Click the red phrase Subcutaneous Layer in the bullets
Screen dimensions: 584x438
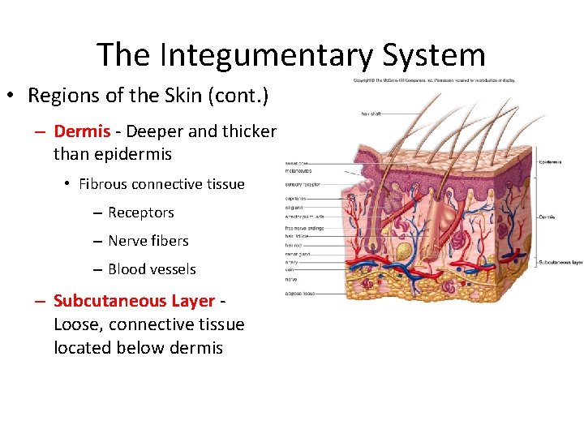[x=134, y=301]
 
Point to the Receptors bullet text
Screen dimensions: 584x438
[x=140, y=213]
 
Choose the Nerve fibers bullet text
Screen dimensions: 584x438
[x=148, y=241]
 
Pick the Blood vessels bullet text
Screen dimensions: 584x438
[x=152, y=269]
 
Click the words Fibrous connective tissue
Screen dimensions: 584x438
[x=161, y=184]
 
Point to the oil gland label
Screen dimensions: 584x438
[x=294, y=208]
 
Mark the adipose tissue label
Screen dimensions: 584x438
[x=299, y=293]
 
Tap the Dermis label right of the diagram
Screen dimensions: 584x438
[x=547, y=217]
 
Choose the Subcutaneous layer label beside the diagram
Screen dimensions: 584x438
[x=559, y=262]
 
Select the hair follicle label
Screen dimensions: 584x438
[x=297, y=235]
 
